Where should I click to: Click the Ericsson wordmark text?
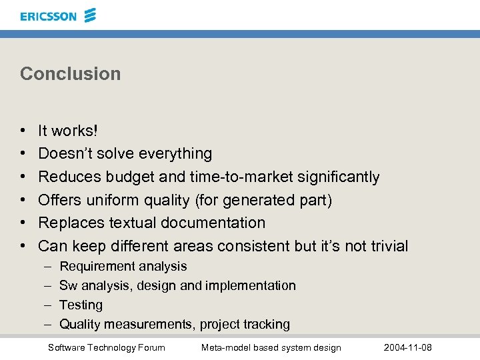[x=48, y=16]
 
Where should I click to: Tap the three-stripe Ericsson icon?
[x=90, y=15]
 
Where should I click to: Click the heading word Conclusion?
[x=71, y=73]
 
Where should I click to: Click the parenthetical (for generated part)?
[x=263, y=200]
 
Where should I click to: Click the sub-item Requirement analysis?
[x=123, y=266]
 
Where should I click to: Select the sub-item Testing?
[x=81, y=305]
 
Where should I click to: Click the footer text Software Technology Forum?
[x=107, y=347]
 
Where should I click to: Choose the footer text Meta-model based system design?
[x=271, y=347]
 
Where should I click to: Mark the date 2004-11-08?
[x=408, y=347]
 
